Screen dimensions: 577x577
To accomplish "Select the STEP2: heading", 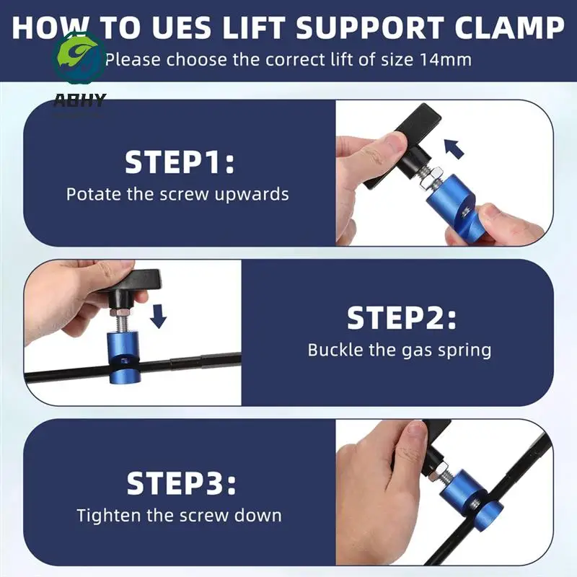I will pyautogui.click(x=401, y=318).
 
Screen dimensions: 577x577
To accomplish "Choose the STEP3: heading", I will pyautogui.click(x=180, y=483).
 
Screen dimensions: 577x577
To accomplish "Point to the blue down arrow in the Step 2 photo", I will pyautogui.click(x=159, y=316).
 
